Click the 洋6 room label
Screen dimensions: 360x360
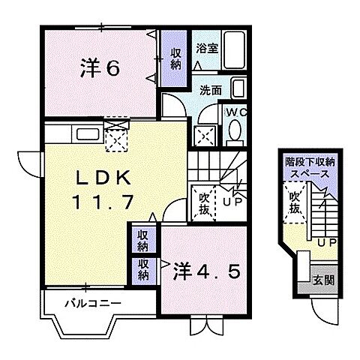[100, 68]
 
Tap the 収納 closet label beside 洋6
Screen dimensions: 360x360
[174, 59]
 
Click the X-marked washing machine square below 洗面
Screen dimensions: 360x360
[204, 135]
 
